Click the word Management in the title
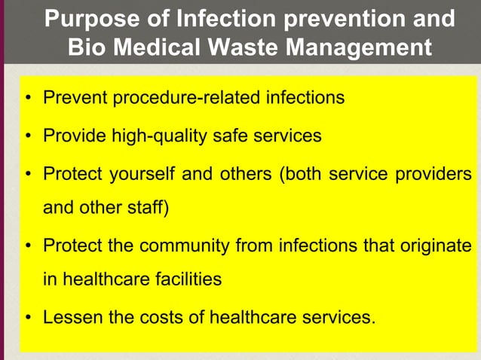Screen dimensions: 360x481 (362, 48)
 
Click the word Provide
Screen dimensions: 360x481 (73, 136)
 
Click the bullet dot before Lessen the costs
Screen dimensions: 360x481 (28, 317)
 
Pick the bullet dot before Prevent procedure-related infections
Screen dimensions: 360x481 (28, 99)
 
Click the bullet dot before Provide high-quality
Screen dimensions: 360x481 (28, 136)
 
